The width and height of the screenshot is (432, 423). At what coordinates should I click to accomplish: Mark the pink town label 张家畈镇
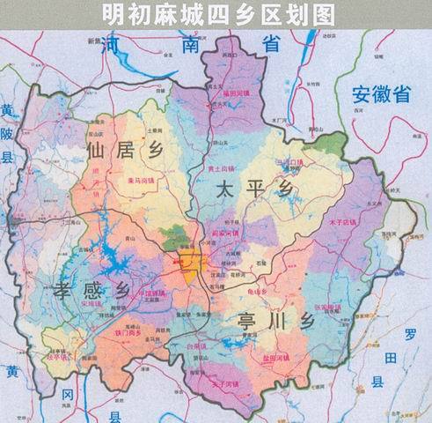(326, 307)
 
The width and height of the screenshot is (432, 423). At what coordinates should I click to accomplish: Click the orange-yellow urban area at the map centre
(189, 262)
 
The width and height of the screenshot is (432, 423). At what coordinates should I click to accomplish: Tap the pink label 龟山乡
(257, 291)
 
